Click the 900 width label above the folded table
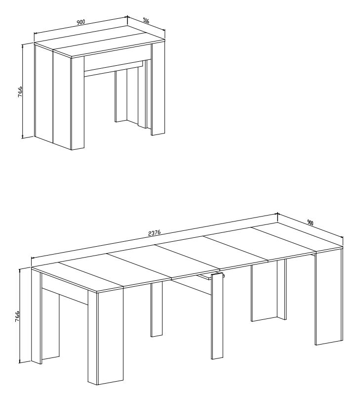coord(80,22)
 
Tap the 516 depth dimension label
coord(146,20)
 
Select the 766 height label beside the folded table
coord(20,91)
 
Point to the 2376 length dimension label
coord(155,233)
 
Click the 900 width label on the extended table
coord(310,222)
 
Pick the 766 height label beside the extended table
coord(17,316)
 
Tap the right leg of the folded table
coord(158,88)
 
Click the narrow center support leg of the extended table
coord(218,316)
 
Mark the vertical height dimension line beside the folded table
coord(23,91)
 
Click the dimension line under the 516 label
coord(146,24)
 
